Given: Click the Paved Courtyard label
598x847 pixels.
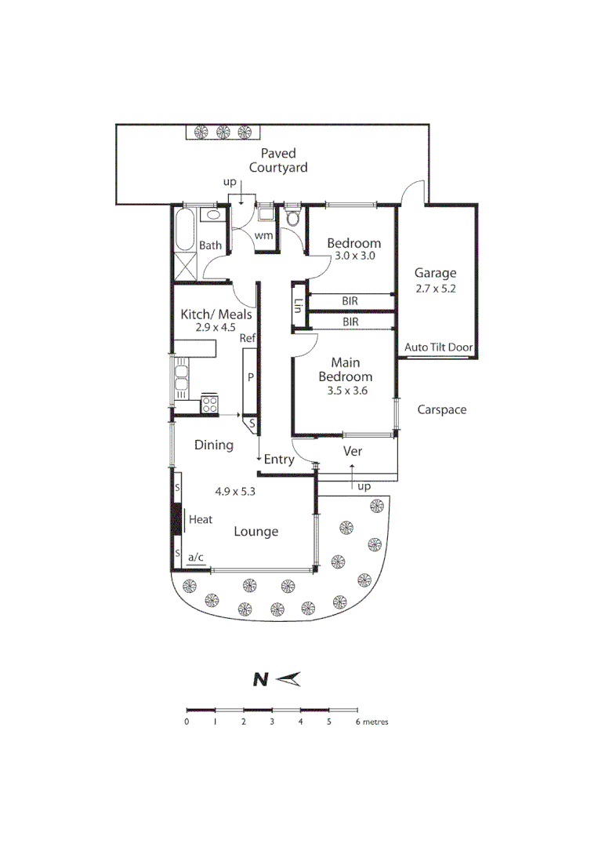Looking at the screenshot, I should pyautogui.click(x=278, y=160).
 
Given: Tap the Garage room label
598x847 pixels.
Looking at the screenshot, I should pyautogui.click(x=435, y=273).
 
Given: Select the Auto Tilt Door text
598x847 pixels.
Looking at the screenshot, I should pyautogui.click(x=439, y=347).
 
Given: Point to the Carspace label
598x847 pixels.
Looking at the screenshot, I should pyautogui.click(x=441, y=409).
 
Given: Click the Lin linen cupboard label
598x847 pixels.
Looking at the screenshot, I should pyautogui.click(x=298, y=306).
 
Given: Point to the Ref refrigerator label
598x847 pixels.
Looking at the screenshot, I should pyautogui.click(x=248, y=339).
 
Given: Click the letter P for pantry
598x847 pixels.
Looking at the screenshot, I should pyautogui.click(x=251, y=377).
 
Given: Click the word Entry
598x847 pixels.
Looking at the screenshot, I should pyautogui.click(x=278, y=460).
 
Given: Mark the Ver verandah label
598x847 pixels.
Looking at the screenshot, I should pyautogui.click(x=353, y=452).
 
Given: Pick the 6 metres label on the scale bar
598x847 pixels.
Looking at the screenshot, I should pyautogui.click(x=371, y=722).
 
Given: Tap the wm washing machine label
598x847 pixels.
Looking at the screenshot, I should pyautogui.click(x=263, y=235).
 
